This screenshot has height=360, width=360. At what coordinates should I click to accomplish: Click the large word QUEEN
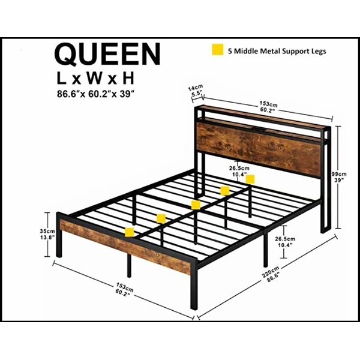[107, 55]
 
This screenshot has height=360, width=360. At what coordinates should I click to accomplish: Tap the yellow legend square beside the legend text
[217, 50]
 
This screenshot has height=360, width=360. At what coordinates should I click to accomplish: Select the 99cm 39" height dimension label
[339, 177]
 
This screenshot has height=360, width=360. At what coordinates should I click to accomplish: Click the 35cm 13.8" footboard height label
[47, 234]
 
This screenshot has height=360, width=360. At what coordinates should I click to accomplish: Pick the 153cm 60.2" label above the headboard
[268, 107]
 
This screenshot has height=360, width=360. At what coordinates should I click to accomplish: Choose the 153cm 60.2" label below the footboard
[124, 289]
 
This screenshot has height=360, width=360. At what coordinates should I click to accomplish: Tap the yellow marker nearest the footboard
[130, 232]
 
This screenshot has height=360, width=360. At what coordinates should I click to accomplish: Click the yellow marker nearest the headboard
[250, 179]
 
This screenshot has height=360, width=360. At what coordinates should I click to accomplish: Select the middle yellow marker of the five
[196, 205]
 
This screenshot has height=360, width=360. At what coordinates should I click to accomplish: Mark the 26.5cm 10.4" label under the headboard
[239, 171]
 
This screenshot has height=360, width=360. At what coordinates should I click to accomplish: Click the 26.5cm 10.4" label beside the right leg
[285, 242]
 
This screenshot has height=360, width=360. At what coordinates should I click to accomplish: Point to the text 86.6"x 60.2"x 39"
[95, 94]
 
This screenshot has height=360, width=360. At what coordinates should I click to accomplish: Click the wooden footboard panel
[125, 247]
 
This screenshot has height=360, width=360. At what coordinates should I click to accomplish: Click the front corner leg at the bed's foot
[194, 285]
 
